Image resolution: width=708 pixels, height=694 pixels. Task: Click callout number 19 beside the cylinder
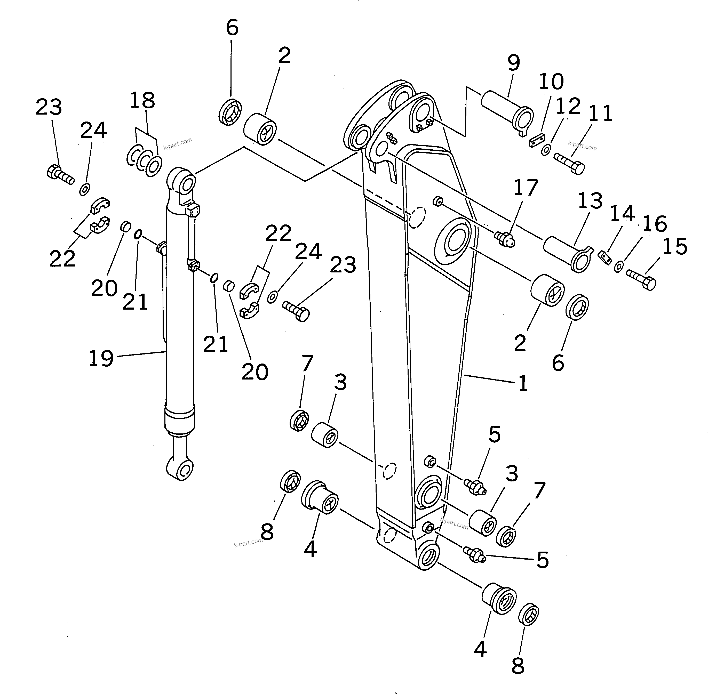tap(101, 358)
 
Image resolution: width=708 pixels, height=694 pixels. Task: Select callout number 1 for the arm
tap(523, 383)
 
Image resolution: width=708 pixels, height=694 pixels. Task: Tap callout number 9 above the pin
tap(513, 63)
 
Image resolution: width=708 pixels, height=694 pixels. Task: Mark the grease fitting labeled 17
tap(505, 239)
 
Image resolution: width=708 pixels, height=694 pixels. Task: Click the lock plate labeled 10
tap(536, 140)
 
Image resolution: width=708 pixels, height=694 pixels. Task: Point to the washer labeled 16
tap(618, 267)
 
